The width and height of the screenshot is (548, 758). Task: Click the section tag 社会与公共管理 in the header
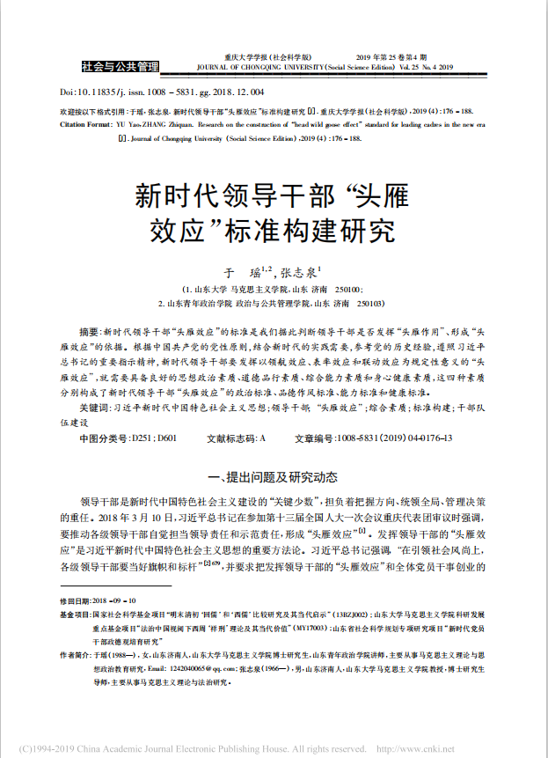pyautogui.click(x=120, y=65)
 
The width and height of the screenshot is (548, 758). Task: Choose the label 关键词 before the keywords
pyautogui.click(x=94, y=408)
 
